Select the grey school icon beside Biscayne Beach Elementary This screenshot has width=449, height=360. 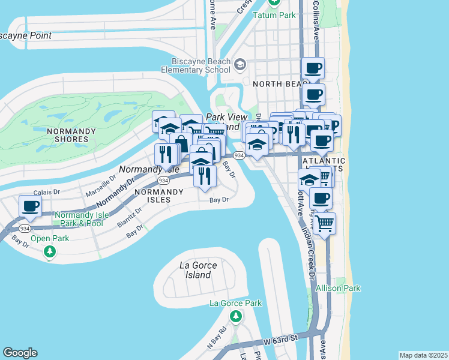click(x=240, y=65)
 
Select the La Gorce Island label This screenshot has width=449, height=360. click(x=196, y=269)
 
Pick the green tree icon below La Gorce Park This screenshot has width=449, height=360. click(x=236, y=316)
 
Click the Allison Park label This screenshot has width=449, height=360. click(x=339, y=288)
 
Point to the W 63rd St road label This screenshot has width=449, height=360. click(x=280, y=340)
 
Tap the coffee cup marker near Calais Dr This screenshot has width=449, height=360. click(x=30, y=207)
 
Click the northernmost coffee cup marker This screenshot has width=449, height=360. click(x=313, y=68)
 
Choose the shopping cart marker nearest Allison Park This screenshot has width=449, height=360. click(x=324, y=224)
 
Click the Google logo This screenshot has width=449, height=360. click(x=20, y=353)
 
